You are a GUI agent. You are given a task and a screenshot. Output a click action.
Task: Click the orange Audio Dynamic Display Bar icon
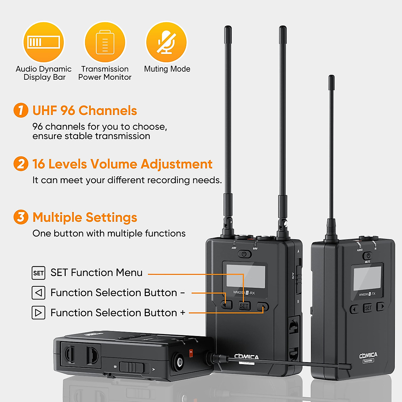[43, 42]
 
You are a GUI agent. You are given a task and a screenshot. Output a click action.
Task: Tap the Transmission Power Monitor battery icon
[105, 42]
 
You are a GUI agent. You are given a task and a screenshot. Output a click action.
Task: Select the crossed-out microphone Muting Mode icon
[166, 42]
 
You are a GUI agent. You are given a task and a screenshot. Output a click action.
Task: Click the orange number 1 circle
[21, 110]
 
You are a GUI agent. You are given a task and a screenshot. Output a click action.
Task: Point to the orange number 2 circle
[21, 164]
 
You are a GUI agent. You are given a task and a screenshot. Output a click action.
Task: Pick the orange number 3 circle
[21, 217]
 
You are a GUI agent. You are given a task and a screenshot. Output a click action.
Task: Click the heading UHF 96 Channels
[84, 111]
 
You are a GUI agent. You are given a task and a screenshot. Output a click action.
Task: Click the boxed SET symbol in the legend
[38, 273]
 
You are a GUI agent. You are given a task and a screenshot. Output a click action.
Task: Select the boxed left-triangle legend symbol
[38, 293]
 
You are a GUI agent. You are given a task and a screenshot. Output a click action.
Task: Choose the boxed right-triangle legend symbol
[38, 313]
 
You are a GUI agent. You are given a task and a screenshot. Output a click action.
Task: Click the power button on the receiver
[244, 254]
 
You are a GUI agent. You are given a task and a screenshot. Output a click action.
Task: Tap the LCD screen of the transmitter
[367, 278]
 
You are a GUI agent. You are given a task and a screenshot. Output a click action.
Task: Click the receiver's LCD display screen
[246, 276]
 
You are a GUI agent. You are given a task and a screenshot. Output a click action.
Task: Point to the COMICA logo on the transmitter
[368, 355]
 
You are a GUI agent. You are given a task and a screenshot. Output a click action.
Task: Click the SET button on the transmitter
[368, 308]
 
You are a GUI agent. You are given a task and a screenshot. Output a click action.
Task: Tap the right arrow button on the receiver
[263, 306]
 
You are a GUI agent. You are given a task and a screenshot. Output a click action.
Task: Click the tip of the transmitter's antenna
[332, 79]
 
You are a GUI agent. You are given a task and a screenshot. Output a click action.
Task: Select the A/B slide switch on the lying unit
[132, 367]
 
